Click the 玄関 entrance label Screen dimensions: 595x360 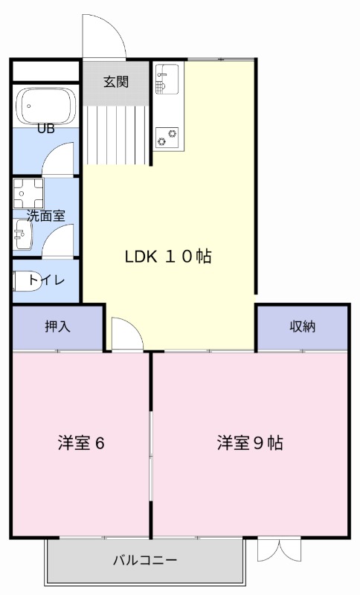pyautogui.click(x=115, y=82)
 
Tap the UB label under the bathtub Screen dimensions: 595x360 pyautogui.click(x=46, y=128)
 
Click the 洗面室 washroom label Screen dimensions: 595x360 pyautogui.click(x=46, y=216)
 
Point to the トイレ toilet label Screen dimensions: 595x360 pyautogui.click(x=47, y=280)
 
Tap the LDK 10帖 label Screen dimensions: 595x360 pyautogui.click(x=168, y=257)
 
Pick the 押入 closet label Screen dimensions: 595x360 pyautogui.click(x=57, y=326)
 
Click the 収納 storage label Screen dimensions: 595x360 pyautogui.click(x=302, y=326)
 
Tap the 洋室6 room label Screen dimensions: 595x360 pyautogui.click(x=81, y=443)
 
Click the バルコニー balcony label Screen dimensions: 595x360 pyautogui.click(x=145, y=559)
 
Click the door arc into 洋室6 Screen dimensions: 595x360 pyautogui.click(x=126, y=335)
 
